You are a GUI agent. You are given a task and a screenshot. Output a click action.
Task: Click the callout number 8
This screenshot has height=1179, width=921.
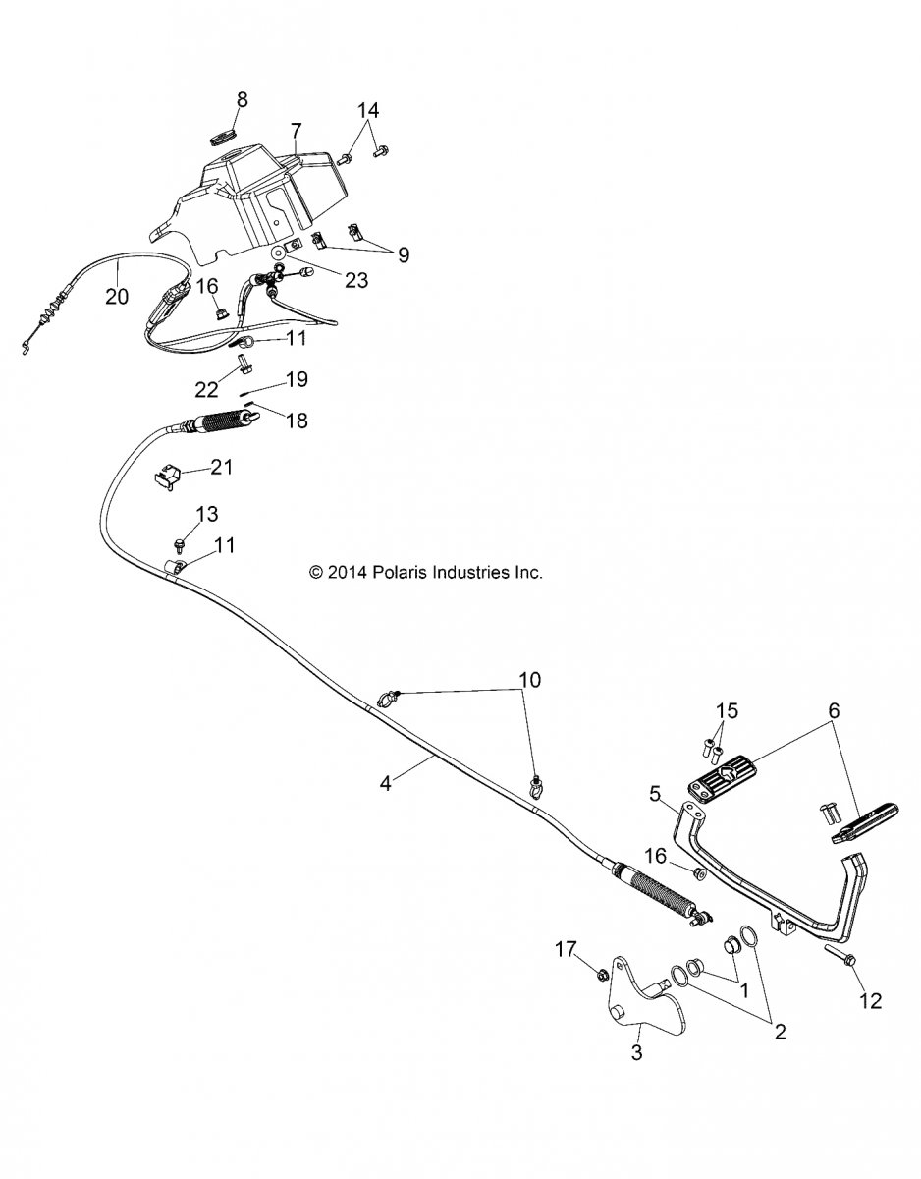[242, 98]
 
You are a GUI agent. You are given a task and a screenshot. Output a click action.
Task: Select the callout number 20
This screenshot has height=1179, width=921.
[117, 296]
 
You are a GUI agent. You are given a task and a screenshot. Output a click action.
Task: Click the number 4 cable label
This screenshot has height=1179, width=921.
[387, 783]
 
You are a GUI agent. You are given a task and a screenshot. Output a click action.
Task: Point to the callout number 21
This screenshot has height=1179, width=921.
[222, 467]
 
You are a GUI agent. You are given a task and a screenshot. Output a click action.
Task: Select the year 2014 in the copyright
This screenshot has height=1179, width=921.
[345, 571]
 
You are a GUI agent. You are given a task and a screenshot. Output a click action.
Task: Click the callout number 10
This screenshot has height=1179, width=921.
[529, 679]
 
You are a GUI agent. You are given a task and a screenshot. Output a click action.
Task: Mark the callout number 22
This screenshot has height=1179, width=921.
[205, 389]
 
